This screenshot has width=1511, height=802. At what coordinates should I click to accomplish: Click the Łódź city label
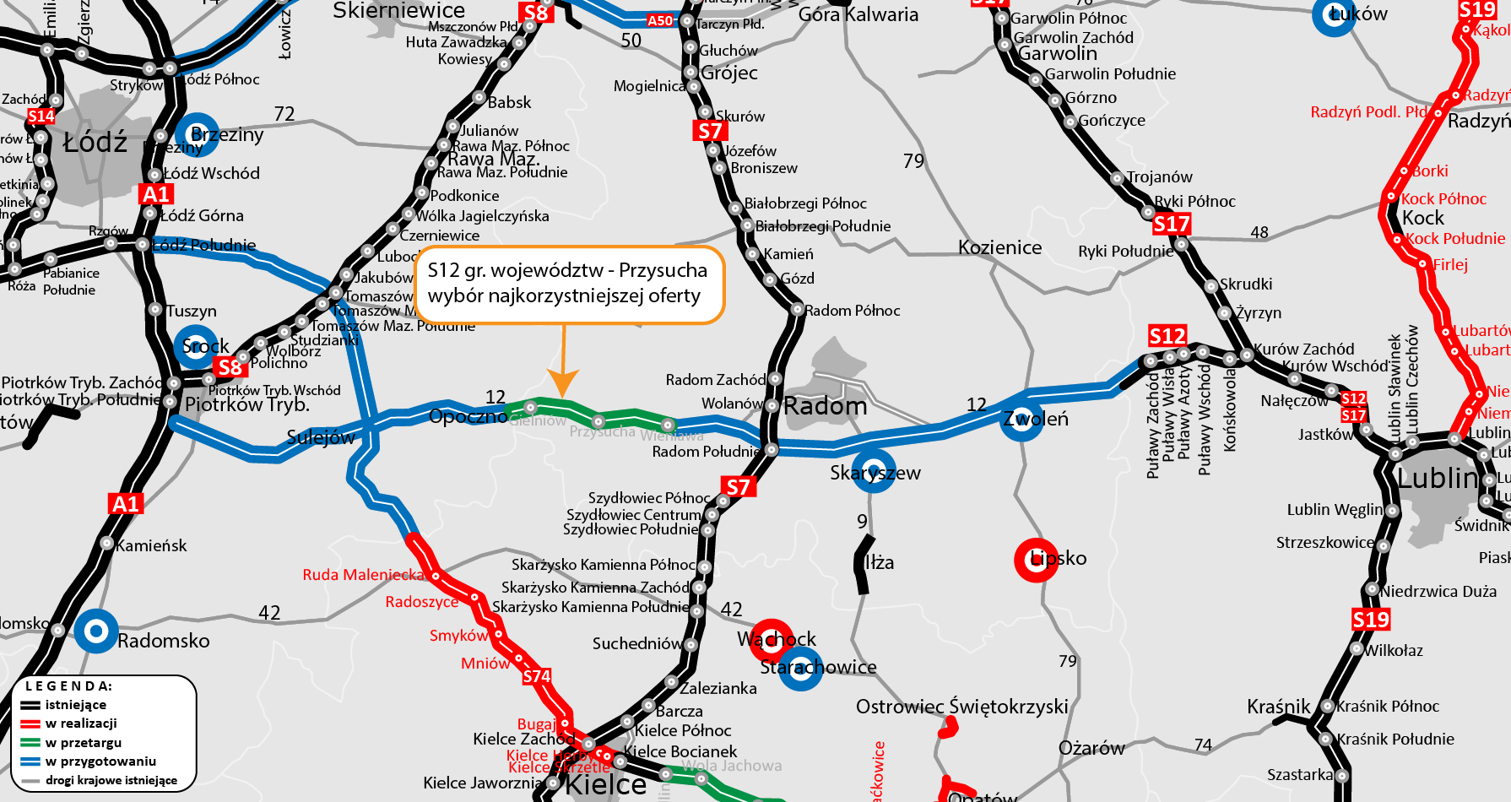[95, 143]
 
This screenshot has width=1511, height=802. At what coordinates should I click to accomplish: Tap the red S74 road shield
[536, 676]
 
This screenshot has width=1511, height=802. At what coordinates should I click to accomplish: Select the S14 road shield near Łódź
[41, 117]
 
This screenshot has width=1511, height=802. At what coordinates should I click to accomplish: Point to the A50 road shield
[660, 20]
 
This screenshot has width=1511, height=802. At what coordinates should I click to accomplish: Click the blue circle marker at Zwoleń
[1021, 420]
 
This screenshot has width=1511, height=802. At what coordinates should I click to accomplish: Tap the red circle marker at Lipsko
[1036, 560]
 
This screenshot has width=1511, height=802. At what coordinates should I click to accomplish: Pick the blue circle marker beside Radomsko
[96, 631]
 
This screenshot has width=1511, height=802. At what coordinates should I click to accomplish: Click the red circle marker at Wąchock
[772, 640]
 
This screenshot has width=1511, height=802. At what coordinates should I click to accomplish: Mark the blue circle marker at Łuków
[1335, 15]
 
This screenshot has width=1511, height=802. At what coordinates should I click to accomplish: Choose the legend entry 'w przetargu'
[83, 743]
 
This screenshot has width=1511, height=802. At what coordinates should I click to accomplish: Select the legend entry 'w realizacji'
[81, 723]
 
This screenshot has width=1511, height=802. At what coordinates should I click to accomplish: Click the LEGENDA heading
[68, 686]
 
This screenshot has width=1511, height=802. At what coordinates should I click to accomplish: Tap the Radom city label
[825, 406]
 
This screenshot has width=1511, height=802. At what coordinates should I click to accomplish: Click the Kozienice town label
[999, 247]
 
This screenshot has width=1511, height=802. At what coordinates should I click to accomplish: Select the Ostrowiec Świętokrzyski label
[961, 706]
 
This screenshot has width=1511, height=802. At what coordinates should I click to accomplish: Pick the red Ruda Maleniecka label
[363, 575]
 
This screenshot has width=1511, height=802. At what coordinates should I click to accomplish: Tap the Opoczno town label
[468, 416]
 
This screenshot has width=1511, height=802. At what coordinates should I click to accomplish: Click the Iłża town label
[880, 562]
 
